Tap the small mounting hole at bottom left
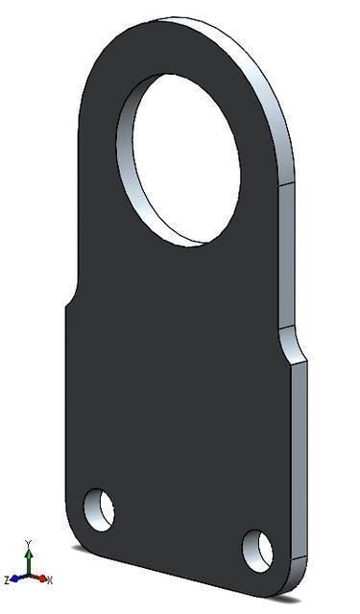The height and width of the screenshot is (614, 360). pos(99,508)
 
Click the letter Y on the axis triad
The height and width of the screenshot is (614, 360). pos(29,544)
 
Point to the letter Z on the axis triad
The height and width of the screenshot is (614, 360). pos(7,580)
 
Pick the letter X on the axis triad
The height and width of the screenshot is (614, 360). pos(50,580)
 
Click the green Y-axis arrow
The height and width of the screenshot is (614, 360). pos(29,560)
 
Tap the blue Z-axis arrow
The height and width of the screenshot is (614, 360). pos(16,579)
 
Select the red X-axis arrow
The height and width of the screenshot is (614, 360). pos(40,579)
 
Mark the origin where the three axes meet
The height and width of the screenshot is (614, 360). pos(29,578)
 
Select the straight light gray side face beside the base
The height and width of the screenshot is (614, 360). pos(300,460)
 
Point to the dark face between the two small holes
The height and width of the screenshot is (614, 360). pos(178,528)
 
